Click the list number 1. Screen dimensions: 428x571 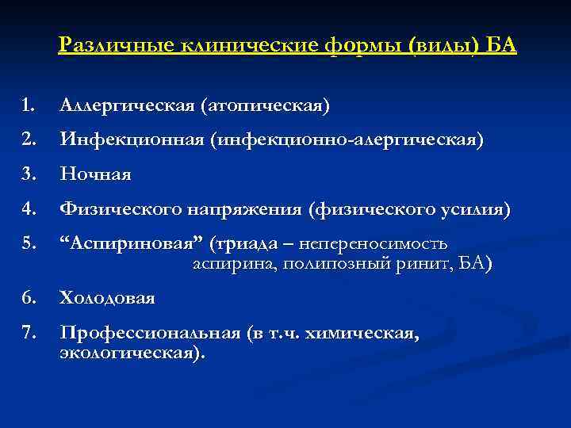(29, 105)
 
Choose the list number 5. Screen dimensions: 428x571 (29, 243)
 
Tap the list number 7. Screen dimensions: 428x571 (29, 334)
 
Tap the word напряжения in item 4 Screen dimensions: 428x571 (248, 209)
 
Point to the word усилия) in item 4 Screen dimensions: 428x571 (475, 209)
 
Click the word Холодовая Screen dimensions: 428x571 (107, 299)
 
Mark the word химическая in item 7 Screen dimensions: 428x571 (369, 334)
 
